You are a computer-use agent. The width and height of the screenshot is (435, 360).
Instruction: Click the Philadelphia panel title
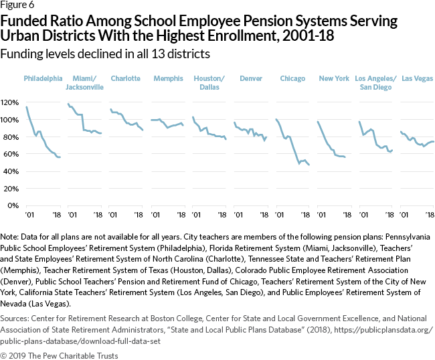[43, 78]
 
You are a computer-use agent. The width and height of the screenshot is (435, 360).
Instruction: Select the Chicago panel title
[292, 78]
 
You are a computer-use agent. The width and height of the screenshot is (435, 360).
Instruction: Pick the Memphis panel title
[167, 78]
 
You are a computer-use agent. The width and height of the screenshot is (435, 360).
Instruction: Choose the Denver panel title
[251, 78]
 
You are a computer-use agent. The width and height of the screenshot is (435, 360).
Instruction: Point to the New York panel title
[333, 78]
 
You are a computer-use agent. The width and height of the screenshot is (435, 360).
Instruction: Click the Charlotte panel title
[125, 78]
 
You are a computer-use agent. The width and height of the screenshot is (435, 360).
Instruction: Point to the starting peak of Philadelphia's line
[26, 107]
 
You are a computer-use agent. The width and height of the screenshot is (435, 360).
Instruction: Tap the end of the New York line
[345, 157]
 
